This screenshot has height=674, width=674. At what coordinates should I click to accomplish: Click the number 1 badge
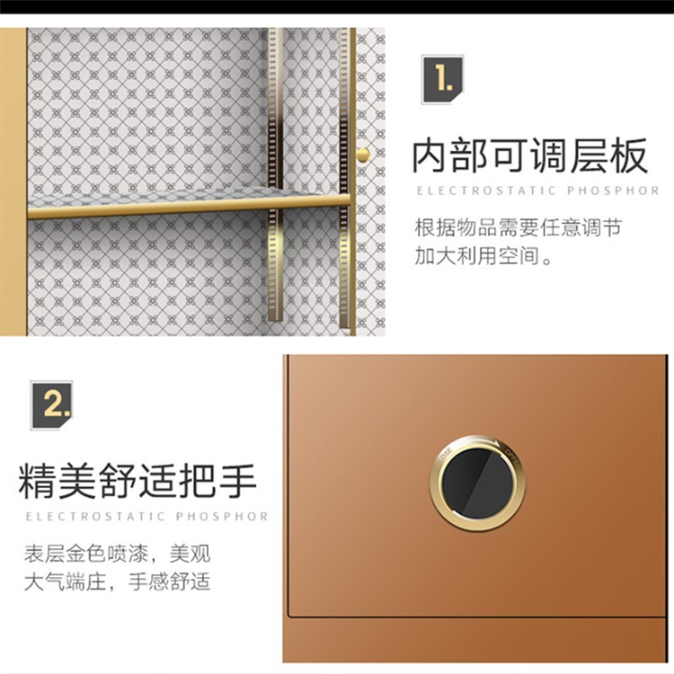point(442,79)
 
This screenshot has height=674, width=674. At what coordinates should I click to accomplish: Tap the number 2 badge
point(51,405)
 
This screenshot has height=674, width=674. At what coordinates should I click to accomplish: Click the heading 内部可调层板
point(529,155)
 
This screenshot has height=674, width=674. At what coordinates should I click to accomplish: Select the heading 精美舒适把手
point(137,481)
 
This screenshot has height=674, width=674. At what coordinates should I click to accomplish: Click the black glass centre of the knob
point(477,483)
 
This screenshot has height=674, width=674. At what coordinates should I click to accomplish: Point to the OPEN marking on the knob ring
point(512,457)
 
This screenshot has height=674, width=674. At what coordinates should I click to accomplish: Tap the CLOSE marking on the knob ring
point(445,456)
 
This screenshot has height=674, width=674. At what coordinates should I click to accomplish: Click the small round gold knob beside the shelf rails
point(363,155)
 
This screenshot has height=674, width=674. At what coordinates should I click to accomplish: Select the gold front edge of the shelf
point(189,208)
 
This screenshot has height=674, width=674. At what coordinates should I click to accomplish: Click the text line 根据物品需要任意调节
point(518,227)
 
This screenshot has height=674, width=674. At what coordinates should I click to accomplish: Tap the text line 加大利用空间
point(483,256)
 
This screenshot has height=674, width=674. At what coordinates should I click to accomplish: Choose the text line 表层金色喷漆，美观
point(117,554)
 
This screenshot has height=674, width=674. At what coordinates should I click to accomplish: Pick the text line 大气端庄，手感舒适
point(117,582)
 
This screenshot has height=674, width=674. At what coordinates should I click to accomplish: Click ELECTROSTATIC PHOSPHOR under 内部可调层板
point(537,191)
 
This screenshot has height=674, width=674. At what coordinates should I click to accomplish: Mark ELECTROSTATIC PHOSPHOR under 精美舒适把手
point(146,516)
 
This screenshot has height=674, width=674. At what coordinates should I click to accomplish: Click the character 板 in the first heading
point(629,155)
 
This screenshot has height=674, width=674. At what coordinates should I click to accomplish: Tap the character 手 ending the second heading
point(238,481)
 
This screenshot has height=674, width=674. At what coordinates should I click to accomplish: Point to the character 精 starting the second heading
point(38,481)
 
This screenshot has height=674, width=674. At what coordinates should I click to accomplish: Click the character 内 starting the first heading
point(431,155)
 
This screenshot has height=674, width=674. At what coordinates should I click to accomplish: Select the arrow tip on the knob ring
point(500,446)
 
